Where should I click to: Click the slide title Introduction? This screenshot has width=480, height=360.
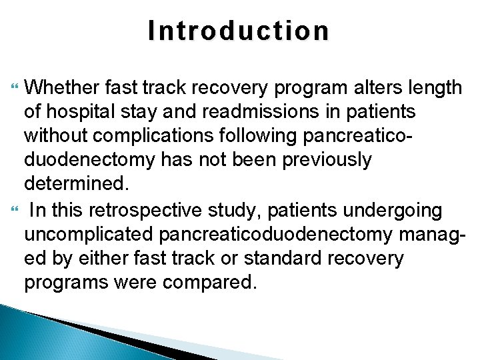click(239, 31)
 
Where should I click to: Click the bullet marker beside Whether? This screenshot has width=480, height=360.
click(17, 87)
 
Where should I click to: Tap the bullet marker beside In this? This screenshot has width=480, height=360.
click(17, 211)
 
